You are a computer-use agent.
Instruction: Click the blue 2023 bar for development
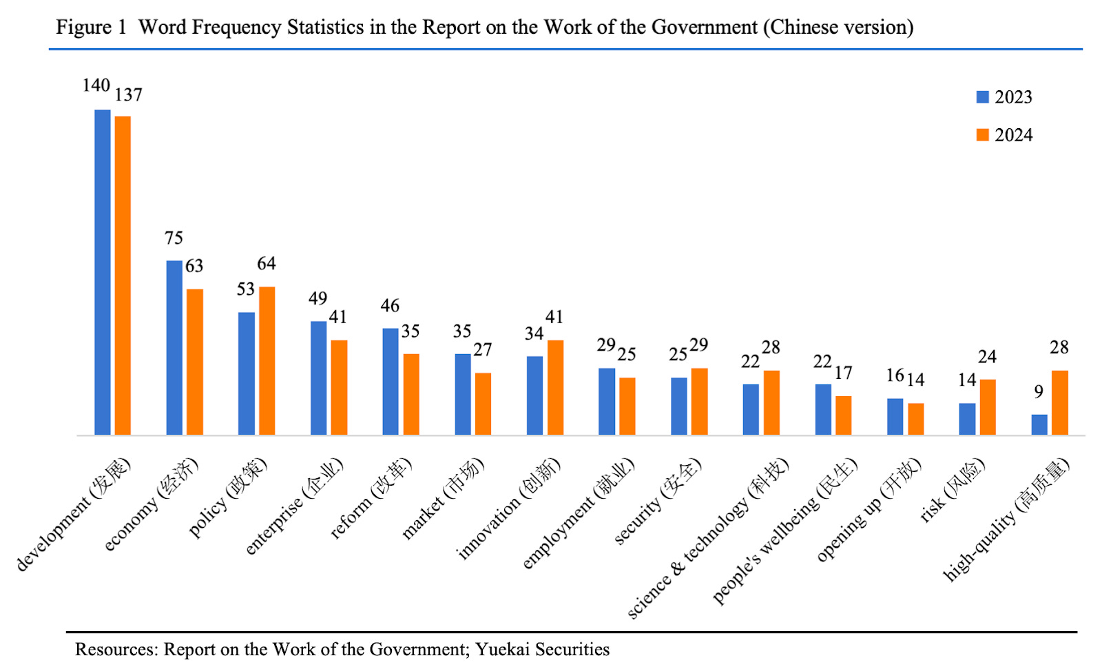(x=102, y=272)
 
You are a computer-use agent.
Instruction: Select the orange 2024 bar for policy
(x=267, y=360)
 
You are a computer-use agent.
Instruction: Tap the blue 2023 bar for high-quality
(x=1039, y=424)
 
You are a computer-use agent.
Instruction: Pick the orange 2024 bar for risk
(x=988, y=406)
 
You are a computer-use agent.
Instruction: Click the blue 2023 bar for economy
(x=174, y=347)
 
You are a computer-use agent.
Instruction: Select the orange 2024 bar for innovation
(x=555, y=387)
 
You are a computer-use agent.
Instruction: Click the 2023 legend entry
(x=1004, y=97)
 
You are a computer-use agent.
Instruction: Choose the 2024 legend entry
(x=1004, y=135)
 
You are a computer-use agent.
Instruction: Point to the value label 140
(x=96, y=85)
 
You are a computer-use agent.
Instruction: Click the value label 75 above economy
(x=174, y=238)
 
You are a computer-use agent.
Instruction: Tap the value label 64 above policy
(x=267, y=264)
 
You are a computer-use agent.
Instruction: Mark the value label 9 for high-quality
(x=1039, y=392)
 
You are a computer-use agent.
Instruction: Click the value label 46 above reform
(x=390, y=306)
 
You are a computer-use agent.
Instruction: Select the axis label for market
(x=443, y=498)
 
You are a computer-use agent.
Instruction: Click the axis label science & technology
(x=708, y=538)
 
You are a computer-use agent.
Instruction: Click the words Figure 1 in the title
(x=91, y=28)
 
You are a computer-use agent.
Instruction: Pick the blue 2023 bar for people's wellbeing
(x=823, y=409)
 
